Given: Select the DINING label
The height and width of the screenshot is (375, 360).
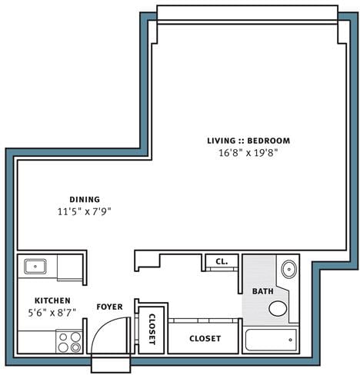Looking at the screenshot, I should (x=85, y=199).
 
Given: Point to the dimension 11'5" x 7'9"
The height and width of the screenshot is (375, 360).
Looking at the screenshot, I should (x=85, y=211).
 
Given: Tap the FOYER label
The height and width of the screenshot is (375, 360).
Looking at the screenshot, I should (x=109, y=307).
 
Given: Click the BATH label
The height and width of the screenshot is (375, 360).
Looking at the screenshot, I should (x=262, y=291).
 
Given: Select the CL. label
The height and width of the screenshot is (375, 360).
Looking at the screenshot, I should (x=222, y=262).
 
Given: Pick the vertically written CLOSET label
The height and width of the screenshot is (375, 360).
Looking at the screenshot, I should (x=152, y=330).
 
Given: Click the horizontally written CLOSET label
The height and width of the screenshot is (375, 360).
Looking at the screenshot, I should (x=205, y=338).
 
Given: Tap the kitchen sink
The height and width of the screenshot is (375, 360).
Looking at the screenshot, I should (x=35, y=267).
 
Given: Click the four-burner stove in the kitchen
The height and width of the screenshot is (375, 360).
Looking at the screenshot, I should (x=68, y=341).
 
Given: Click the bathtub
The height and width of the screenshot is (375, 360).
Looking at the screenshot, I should (x=270, y=339).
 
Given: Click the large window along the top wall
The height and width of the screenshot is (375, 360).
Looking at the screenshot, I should (x=247, y=14).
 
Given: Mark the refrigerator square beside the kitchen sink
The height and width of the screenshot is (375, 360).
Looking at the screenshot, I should (x=68, y=267).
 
